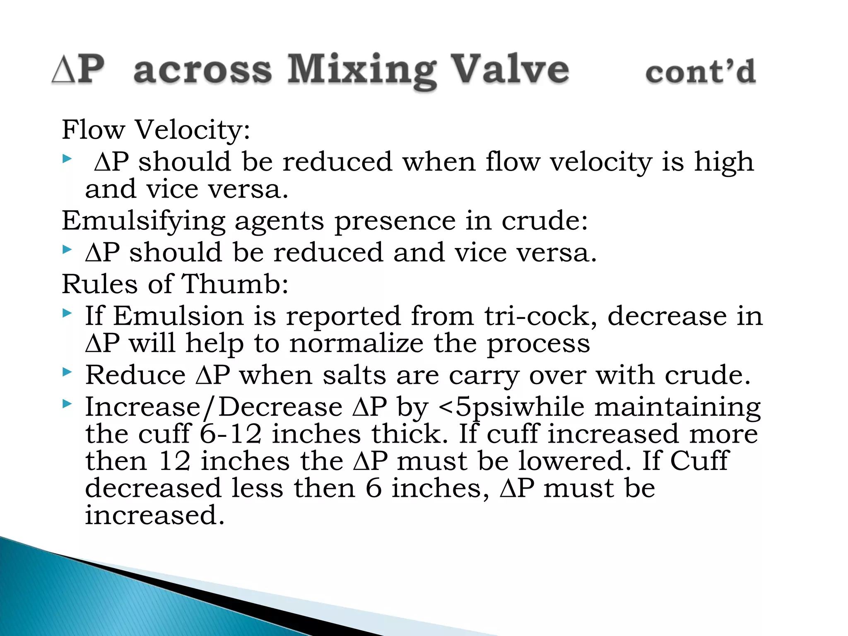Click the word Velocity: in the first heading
point(193,130)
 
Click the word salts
point(354,375)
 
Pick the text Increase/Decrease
point(214,407)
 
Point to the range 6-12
point(231,434)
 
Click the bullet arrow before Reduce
point(67,372)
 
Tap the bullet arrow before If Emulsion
point(67,313)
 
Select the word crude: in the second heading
point(544,220)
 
